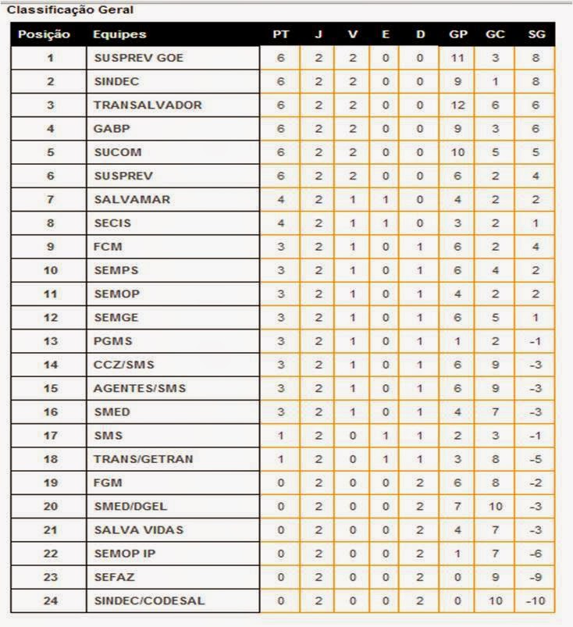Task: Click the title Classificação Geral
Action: click(x=59, y=10)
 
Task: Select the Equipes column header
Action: click(x=119, y=34)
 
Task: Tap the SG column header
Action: click(x=536, y=34)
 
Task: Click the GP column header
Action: click(x=458, y=34)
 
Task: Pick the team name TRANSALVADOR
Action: click(x=148, y=105)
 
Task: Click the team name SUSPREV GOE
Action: click(x=139, y=58)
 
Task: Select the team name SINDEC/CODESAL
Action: click(x=149, y=600)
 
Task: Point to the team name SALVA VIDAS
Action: click(x=138, y=529)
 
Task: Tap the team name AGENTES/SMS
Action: click(x=140, y=388)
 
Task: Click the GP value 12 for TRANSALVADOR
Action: click(x=458, y=105)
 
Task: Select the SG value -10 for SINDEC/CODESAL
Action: click(x=536, y=600)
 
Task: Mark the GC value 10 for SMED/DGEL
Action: click(x=495, y=506)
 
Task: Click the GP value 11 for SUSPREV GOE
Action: click(x=458, y=58)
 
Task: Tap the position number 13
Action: click(x=51, y=340)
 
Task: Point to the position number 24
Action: click(x=51, y=600)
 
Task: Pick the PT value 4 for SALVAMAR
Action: click(x=281, y=199)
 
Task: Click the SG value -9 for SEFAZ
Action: click(x=536, y=577)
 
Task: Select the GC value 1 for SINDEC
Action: click(x=495, y=81)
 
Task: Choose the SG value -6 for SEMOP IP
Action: click(x=536, y=553)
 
